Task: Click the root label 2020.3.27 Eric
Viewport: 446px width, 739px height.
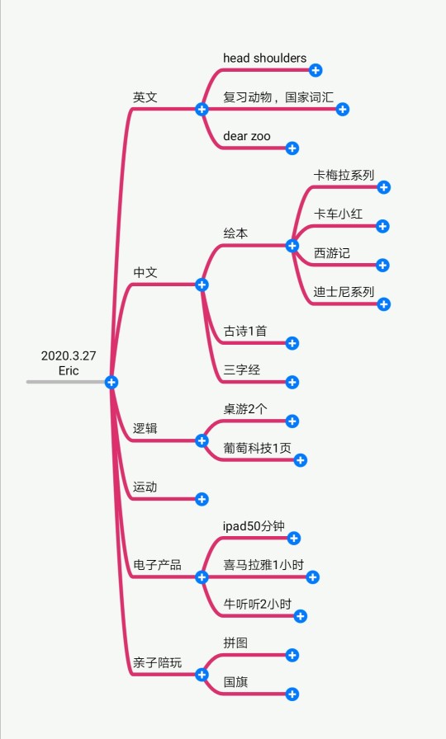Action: point(69,363)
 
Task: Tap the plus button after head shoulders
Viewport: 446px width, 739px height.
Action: point(316,70)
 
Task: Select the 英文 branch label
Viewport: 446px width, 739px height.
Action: point(145,97)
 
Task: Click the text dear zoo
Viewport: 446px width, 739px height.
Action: point(247,136)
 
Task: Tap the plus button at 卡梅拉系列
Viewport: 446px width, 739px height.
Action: point(384,187)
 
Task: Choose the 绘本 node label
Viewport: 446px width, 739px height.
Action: point(235,233)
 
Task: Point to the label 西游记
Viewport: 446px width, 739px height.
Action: point(332,253)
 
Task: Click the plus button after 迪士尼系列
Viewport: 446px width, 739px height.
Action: point(384,304)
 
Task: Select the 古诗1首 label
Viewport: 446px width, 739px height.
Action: point(245,331)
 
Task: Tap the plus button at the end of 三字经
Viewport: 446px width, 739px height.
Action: point(292,382)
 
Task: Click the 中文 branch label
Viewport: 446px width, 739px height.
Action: point(145,272)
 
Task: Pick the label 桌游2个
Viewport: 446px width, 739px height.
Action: point(245,408)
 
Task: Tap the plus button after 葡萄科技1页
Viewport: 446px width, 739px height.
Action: point(301,460)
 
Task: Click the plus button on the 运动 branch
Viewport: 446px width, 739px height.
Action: point(202,499)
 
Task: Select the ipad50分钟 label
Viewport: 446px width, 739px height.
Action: point(254,526)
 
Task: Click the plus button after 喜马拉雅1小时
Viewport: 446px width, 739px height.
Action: point(313,577)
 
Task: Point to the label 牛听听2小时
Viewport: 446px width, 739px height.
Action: point(257,604)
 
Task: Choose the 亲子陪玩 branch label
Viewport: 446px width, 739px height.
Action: point(157,662)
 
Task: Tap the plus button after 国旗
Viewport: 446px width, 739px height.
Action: point(292,694)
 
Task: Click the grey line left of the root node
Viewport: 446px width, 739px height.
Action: point(65,382)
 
